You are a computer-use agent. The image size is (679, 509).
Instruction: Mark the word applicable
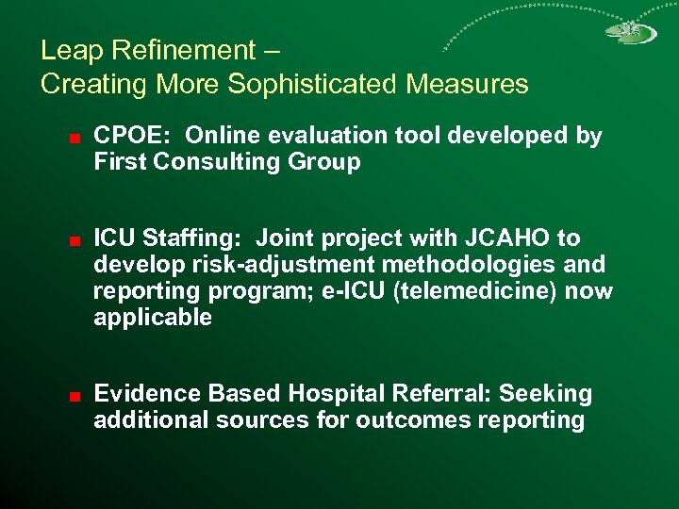(x=153, y=318)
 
